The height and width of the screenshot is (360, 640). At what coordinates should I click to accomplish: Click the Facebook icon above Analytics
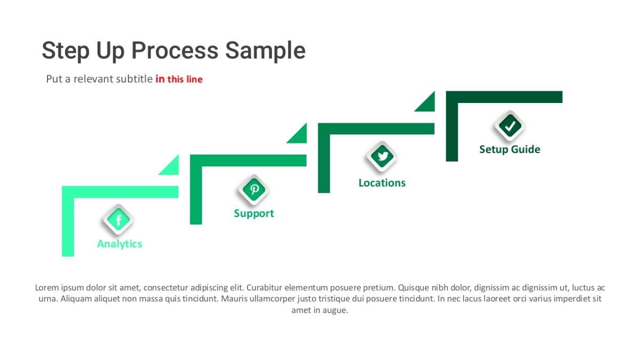118,220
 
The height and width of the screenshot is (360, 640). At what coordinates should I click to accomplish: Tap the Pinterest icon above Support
254,189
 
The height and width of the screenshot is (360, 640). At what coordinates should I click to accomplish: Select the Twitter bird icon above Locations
382,157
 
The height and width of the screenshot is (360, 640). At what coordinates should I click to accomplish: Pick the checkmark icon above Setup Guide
510,126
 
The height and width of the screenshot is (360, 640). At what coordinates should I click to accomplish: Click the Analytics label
119,244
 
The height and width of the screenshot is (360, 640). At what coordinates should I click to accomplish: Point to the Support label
254,213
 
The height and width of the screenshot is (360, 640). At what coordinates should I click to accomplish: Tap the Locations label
382,183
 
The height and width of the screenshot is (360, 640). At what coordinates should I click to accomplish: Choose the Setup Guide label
509,149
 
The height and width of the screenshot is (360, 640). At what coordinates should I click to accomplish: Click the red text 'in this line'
179,79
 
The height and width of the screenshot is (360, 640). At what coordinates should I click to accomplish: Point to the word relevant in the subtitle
94,79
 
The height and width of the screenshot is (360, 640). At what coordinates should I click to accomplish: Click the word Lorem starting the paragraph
46,287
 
